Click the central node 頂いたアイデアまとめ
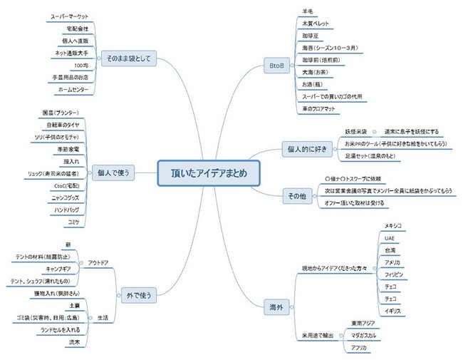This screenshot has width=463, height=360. [207, 172]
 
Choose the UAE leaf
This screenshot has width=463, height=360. [389, 237]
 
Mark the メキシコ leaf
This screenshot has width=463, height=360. [394, 225]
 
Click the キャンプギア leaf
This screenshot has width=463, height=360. [62, 269]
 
